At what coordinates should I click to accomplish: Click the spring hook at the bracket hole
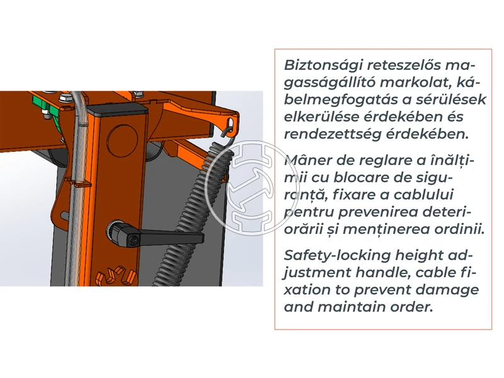tap(227, 127)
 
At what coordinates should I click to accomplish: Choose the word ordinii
tap(458, 229)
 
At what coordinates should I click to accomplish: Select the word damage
tap(449, 290)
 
